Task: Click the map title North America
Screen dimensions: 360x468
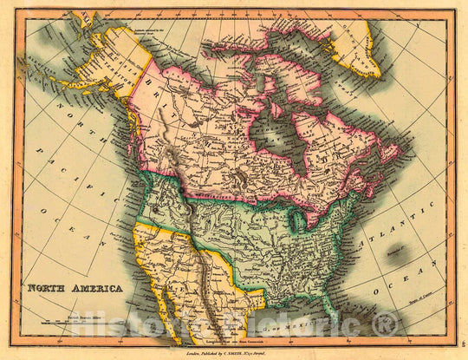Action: pos(75,287)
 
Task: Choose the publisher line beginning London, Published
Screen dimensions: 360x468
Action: pos(234,354)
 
